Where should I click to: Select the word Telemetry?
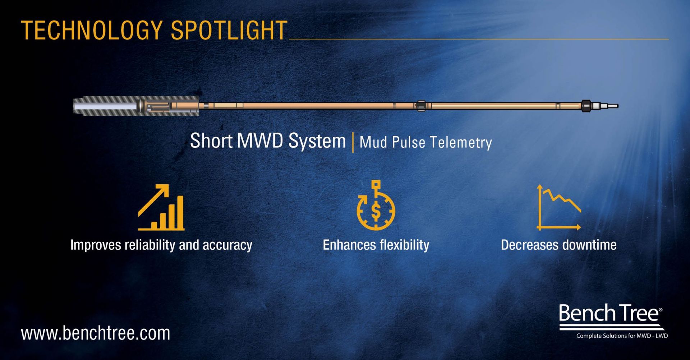coord(461,142)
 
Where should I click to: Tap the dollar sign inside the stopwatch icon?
coord(376,211)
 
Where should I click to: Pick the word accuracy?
coord(227,245)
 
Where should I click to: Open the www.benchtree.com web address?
coord(96,333)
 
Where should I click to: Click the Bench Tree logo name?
coord(610,313)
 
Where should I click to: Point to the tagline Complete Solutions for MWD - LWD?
coord(622,336)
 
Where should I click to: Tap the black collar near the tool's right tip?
coord(586,106)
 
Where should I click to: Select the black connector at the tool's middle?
coord(421,106)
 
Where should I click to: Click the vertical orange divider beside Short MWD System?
coord(353,142)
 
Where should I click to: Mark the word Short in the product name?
coord(211,140)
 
